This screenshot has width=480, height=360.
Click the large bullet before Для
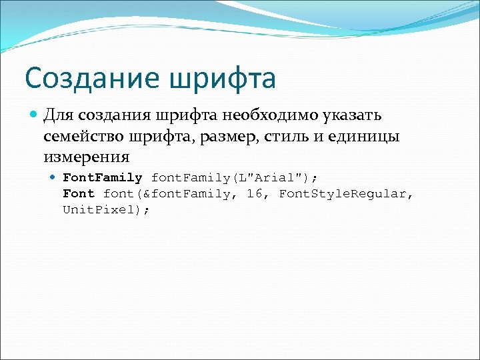click(34, 115)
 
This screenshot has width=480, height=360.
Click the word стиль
click(295, 137)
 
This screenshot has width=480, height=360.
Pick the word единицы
click(365, 137)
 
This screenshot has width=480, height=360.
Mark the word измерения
click(86, 158)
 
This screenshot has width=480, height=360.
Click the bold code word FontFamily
click(102, 178)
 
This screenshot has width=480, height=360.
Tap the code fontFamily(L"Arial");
click(235, 178)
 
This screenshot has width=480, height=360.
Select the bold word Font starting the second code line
click(79, 194)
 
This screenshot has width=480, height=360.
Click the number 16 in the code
click(255, 194)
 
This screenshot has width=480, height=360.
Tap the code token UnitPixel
click(104, 209)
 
